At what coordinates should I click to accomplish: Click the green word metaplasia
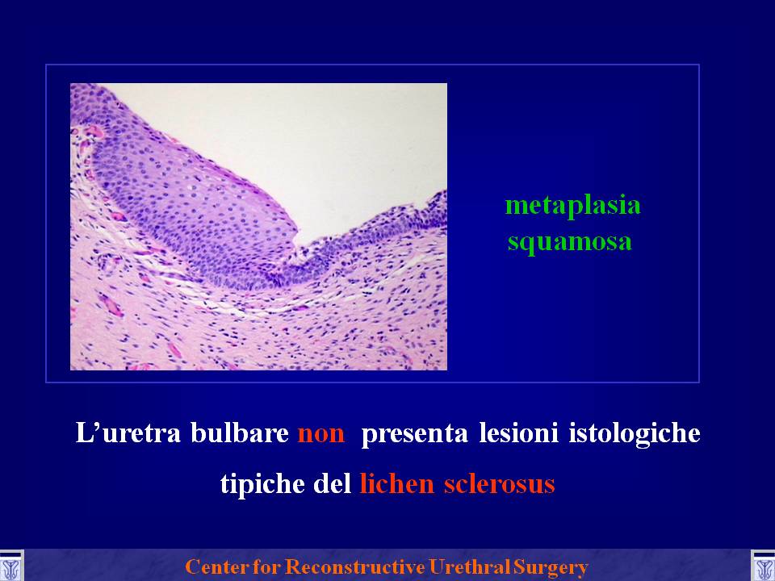[x=573, y=206]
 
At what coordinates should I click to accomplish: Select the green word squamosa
[x=570, y=242]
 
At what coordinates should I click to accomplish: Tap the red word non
[x=320, y=434]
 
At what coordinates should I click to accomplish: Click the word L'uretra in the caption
[x=128, y=433]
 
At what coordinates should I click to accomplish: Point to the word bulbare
[x=240, y=433]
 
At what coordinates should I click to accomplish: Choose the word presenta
[x=414, y=434]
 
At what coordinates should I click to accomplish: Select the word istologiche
[x=635, y=434]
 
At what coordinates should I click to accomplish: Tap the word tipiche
[x=262, y=483]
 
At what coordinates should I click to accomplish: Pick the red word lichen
[x=397, y=483]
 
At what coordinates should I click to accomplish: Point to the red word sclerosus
[x=499, y=483]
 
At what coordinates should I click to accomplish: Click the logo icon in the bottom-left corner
[x=11, y=566]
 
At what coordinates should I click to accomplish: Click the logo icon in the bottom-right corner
[x=763, y=566]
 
